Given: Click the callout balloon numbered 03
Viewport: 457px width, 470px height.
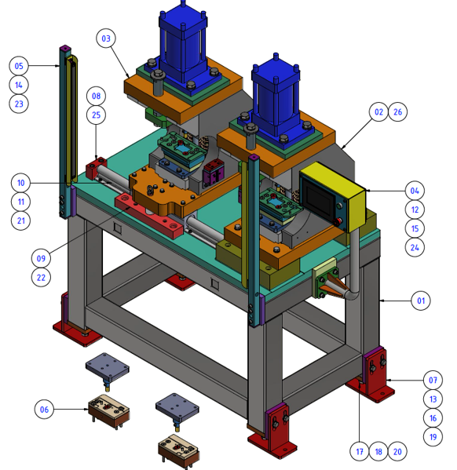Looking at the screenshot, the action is click(x=106, y=38).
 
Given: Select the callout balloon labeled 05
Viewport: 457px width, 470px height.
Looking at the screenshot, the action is click(x=19, y=66).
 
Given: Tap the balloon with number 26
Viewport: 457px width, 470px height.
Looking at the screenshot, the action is click(x=397, y=111).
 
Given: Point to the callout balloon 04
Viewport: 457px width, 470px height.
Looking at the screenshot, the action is click(x=415, y=191).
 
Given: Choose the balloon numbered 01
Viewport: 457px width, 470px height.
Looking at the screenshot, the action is click(x=421, y=301).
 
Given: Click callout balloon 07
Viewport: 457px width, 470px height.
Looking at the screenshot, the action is click(x=433, y=380).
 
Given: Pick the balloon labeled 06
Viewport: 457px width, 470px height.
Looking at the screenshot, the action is click(x=44, y=410).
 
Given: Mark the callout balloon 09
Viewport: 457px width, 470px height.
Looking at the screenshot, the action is click(x=41, y=258).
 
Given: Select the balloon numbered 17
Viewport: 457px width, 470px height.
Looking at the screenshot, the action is click(x=360, y=451).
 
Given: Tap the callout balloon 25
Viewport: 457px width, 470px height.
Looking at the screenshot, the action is click(x=96, y=115).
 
